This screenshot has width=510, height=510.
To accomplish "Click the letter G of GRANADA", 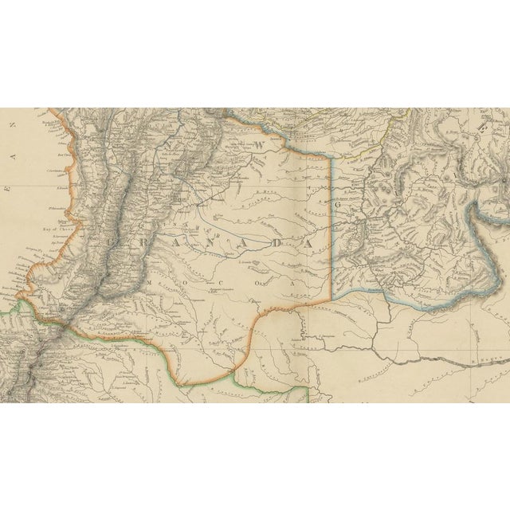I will point(116,239).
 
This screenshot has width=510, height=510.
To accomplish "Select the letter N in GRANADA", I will point(209,241).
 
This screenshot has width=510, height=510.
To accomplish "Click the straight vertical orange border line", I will point(330,223).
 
